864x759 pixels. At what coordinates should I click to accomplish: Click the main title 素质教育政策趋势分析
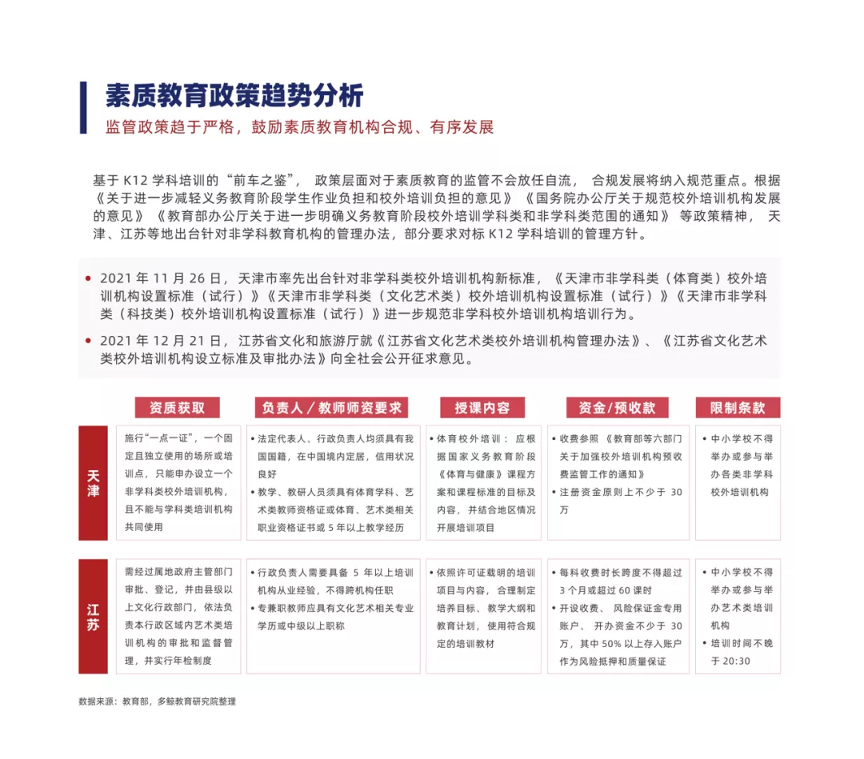[234, 96]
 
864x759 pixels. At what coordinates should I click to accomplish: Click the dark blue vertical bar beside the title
[83, 107]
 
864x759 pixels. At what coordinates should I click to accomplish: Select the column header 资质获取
[177, 408]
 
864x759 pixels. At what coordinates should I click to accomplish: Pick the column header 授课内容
[482, 408]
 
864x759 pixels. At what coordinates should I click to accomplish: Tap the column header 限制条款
[737, 408]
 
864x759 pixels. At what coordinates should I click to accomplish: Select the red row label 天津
[94, 483]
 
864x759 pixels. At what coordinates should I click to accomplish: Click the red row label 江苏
[94, 617]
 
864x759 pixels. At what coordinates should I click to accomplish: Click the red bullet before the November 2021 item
[88, 279]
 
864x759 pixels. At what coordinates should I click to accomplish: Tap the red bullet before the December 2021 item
[88, 342]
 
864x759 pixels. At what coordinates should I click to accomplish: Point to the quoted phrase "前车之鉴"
[262, 179]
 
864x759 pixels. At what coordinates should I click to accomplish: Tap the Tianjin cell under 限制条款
[737, 482]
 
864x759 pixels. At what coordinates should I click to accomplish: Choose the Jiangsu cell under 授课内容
[483, 616]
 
